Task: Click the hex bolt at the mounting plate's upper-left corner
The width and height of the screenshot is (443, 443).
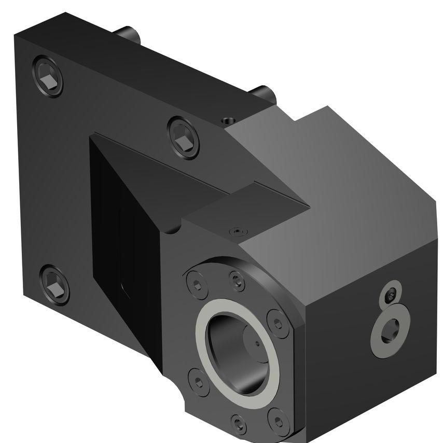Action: (47, 78)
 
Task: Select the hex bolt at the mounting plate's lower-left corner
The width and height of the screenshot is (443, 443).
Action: (54, 284)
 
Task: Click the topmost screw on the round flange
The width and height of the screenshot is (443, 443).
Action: (237, 281)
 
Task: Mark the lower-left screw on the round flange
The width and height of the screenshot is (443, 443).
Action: (199, 381)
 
